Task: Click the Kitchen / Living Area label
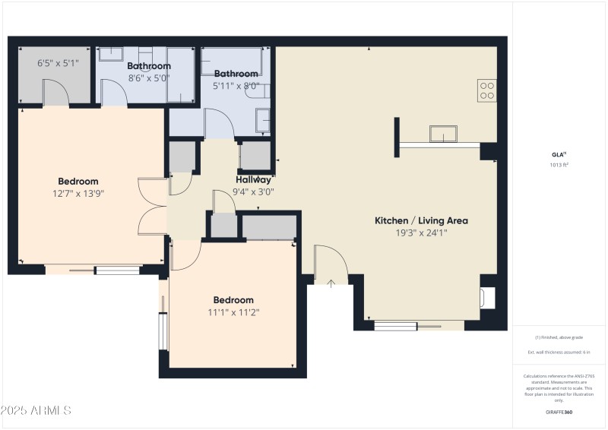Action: click(x=421, y=220)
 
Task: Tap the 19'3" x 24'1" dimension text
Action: click(x=421, y=233)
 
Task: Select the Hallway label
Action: click(x=253, y=180)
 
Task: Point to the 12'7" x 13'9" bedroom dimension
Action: click(x=78, y=194)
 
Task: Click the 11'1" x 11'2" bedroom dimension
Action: click(x=233, y=312)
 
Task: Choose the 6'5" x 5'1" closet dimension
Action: click(x=58, y=63)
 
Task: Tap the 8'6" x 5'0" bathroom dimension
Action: click(x=148, y=78)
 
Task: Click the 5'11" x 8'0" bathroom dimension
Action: click(x=236, y=86)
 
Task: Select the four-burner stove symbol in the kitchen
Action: click(x=487, y=90)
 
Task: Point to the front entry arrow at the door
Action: click(x=331, y=284)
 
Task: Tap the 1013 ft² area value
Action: click(x=559, y=164)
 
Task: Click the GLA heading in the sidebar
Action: click(x=559, y=154)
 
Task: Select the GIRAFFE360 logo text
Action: click(x=559, y=412)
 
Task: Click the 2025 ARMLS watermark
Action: click(x=36, y=411)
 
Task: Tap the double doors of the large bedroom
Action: click(x=152, y=207)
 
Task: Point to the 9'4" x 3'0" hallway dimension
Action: click(x=253, y=192)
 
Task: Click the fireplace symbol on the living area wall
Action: click(x=489, y=297)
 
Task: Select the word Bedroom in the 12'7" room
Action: click(x=78, y=182)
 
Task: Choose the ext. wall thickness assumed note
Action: click(x=559, y=353)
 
